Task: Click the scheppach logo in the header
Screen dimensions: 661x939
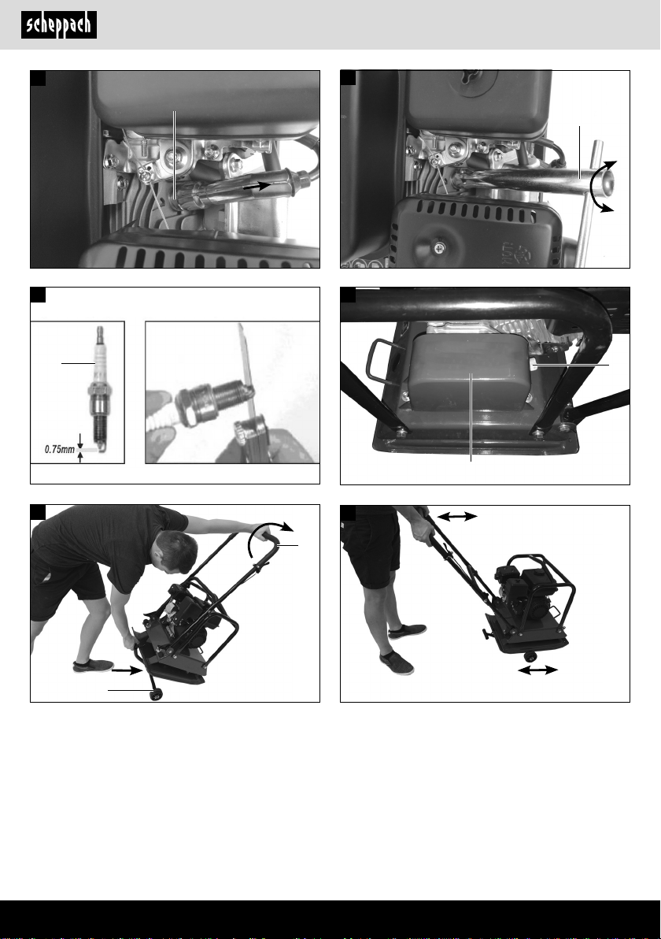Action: tap(59, 25)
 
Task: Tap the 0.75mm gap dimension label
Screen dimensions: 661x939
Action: tap(60, 449)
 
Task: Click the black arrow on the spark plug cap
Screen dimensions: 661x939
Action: tap(257, 186)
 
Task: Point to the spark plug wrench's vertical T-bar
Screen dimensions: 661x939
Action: tap(589, 203)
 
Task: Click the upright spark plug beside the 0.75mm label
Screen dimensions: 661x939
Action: tap(98, 389)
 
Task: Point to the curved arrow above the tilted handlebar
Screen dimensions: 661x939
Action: tap(268, 535)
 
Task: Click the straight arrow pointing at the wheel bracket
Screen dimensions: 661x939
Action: tap(127, 670)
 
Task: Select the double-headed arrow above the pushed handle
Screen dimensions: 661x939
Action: tap(457, 516)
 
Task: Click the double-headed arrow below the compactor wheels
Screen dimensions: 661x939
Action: tap(537, 670)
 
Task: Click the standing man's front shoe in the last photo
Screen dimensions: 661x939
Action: tap(396, 663)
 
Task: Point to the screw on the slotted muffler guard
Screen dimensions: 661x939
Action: tap(440, 247)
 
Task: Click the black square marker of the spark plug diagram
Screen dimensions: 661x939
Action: tap(38, 295)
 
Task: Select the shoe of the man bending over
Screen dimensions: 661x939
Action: tap(93, 666)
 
